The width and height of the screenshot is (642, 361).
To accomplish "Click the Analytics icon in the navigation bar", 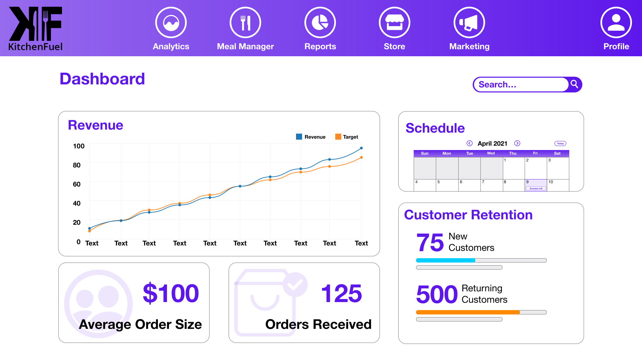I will (171, 23).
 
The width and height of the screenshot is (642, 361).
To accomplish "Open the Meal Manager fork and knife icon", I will (245, 23).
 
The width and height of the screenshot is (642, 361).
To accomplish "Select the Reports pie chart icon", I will (320, 23).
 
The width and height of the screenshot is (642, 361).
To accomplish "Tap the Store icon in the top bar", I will (395, 23).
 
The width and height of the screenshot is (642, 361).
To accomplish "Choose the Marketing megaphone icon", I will (469, 23).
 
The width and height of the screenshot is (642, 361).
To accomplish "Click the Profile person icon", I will (616, 23).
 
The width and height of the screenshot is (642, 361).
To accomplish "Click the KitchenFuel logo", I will (36, 29).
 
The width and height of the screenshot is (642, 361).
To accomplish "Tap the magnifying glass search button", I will (575, 84).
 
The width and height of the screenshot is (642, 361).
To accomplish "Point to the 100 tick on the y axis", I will (79, 146).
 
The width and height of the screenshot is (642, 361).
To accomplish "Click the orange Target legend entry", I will (347, 137).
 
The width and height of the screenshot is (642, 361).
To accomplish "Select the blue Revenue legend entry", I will (311, 137).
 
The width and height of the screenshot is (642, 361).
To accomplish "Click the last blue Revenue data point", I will (361, 148).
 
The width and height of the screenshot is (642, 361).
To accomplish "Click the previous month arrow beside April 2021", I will (470, 143).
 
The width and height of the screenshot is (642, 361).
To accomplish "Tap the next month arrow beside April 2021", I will (517, 143).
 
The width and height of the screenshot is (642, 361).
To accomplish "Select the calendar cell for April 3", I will (558, 168).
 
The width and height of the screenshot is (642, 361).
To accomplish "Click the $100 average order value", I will (171, 293).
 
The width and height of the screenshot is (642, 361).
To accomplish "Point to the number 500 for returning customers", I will (437, 294).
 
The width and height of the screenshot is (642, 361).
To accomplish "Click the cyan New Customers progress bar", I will (446, 260).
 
